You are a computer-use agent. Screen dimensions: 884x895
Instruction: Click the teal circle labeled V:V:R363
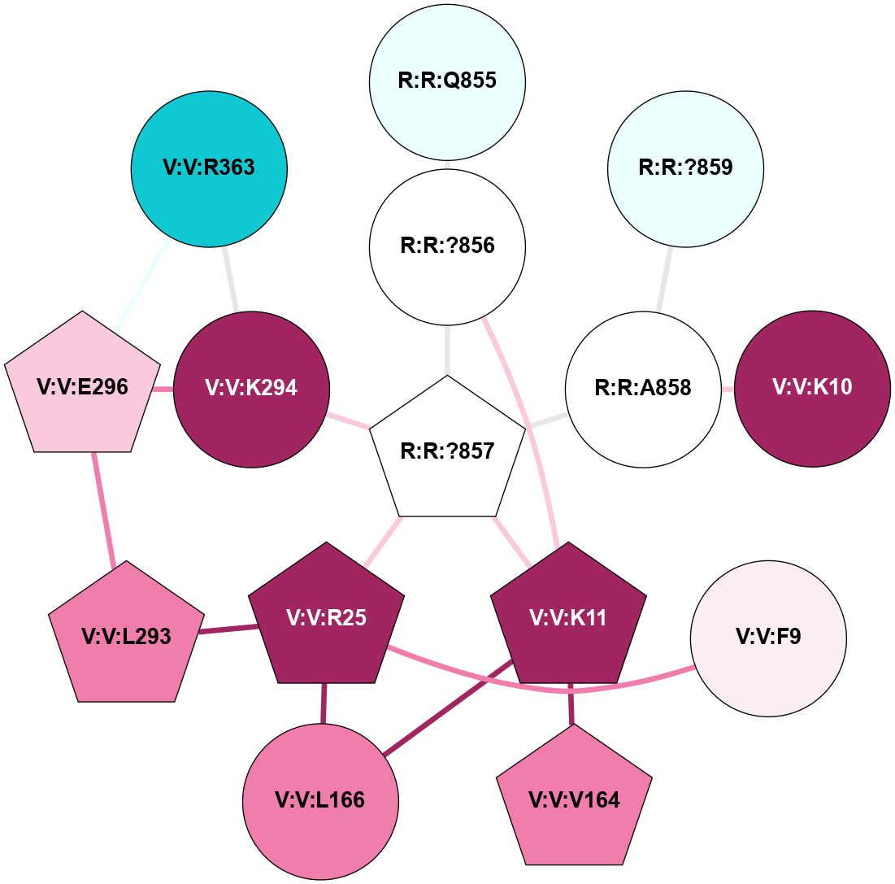click(209, 168)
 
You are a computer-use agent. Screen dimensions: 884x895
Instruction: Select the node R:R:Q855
click(447, 81)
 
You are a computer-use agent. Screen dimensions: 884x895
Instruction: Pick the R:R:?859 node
click(685, 168)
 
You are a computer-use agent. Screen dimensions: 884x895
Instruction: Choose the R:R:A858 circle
click(643, 389)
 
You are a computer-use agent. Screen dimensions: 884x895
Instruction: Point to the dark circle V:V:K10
click(812, 389)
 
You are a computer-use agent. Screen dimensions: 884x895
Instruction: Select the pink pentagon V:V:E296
click(82, 387)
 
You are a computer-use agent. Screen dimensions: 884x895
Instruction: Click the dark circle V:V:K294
click(251, 389)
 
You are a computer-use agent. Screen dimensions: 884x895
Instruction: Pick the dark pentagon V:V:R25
click(326, 618)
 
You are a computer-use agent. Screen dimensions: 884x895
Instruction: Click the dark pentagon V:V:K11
click(568, 618)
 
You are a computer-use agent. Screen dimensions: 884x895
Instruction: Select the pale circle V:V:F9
click(768, 638)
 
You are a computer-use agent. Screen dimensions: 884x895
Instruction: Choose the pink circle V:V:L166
click(320, 801)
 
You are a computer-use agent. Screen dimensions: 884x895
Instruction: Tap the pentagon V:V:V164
click(574, 799)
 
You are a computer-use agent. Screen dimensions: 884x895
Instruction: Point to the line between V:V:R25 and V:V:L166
click(324, 703)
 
